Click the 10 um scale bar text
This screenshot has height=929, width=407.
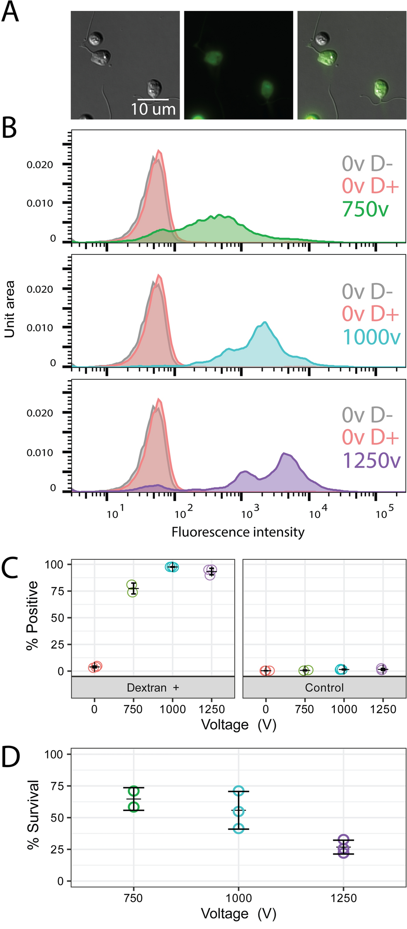[153, 109]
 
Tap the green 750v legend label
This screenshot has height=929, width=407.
[365, 209]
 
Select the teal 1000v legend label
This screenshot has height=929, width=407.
[371, 337]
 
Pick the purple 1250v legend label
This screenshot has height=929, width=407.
[371, 460]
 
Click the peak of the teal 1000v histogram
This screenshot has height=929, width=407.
[264, 323]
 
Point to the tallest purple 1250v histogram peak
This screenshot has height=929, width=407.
[285, 454]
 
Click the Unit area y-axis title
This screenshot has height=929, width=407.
[10, 309]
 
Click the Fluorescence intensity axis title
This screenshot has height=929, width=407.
[238, 532]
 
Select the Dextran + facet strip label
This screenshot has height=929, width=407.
[153, 688]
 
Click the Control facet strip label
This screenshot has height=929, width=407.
[324, 688]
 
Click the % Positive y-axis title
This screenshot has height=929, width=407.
[32, 615]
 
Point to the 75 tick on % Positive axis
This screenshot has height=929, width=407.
[57, 591]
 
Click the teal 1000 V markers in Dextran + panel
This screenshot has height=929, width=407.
[172, 567]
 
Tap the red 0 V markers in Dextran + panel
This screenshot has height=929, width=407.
[95, 667]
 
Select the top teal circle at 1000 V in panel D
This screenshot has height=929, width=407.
[238, 791]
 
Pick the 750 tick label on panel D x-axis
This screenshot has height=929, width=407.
[133, 898]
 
